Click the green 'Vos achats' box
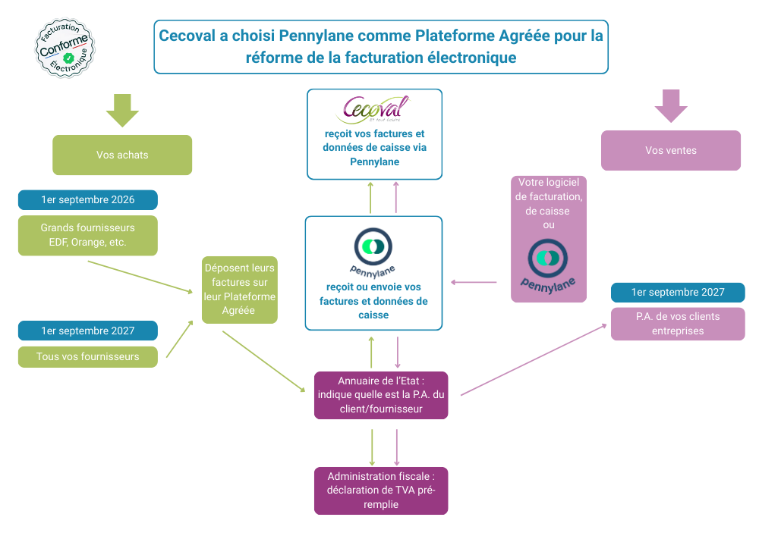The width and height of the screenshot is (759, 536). point(122,155)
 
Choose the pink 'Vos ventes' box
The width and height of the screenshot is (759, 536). point(670,150)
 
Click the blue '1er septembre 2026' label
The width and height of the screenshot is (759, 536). point(88,200)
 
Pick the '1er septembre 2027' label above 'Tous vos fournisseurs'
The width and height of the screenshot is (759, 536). point(88,331)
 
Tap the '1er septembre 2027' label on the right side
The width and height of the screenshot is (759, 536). point(677,293)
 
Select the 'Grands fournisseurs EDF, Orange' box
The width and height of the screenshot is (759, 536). point(88,235)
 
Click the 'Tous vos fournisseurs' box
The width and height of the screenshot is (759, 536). point(88,356)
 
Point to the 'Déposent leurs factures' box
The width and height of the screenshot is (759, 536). point(239,290)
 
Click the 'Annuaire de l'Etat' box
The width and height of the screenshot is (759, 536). point(381,395)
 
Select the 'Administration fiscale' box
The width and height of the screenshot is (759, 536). point(381,491)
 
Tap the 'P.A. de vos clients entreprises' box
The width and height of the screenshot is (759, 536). point(677,324)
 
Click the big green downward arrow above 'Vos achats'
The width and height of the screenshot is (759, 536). point(122,110)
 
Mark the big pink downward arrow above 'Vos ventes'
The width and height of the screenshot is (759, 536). point(670,105)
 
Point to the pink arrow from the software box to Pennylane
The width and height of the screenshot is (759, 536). point(474,282)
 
